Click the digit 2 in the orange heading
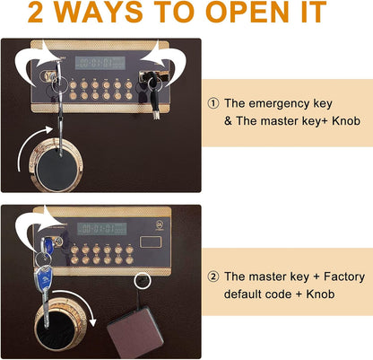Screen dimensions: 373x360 click(x=35, y=13)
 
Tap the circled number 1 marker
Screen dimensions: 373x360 click(x=213, y=104)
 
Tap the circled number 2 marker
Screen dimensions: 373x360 click(x=213, y=277)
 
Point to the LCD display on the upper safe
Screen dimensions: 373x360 click(x=100, y=63)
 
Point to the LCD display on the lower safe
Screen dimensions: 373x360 click(x=102, y=229)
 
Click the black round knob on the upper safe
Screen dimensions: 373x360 click(x=56, y=170)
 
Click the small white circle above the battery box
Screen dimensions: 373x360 click(x=143, y=281)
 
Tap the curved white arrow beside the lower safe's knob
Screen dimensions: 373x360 click(x=79, y=303)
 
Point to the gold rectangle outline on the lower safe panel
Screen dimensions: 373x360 click(x=151, y=241)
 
